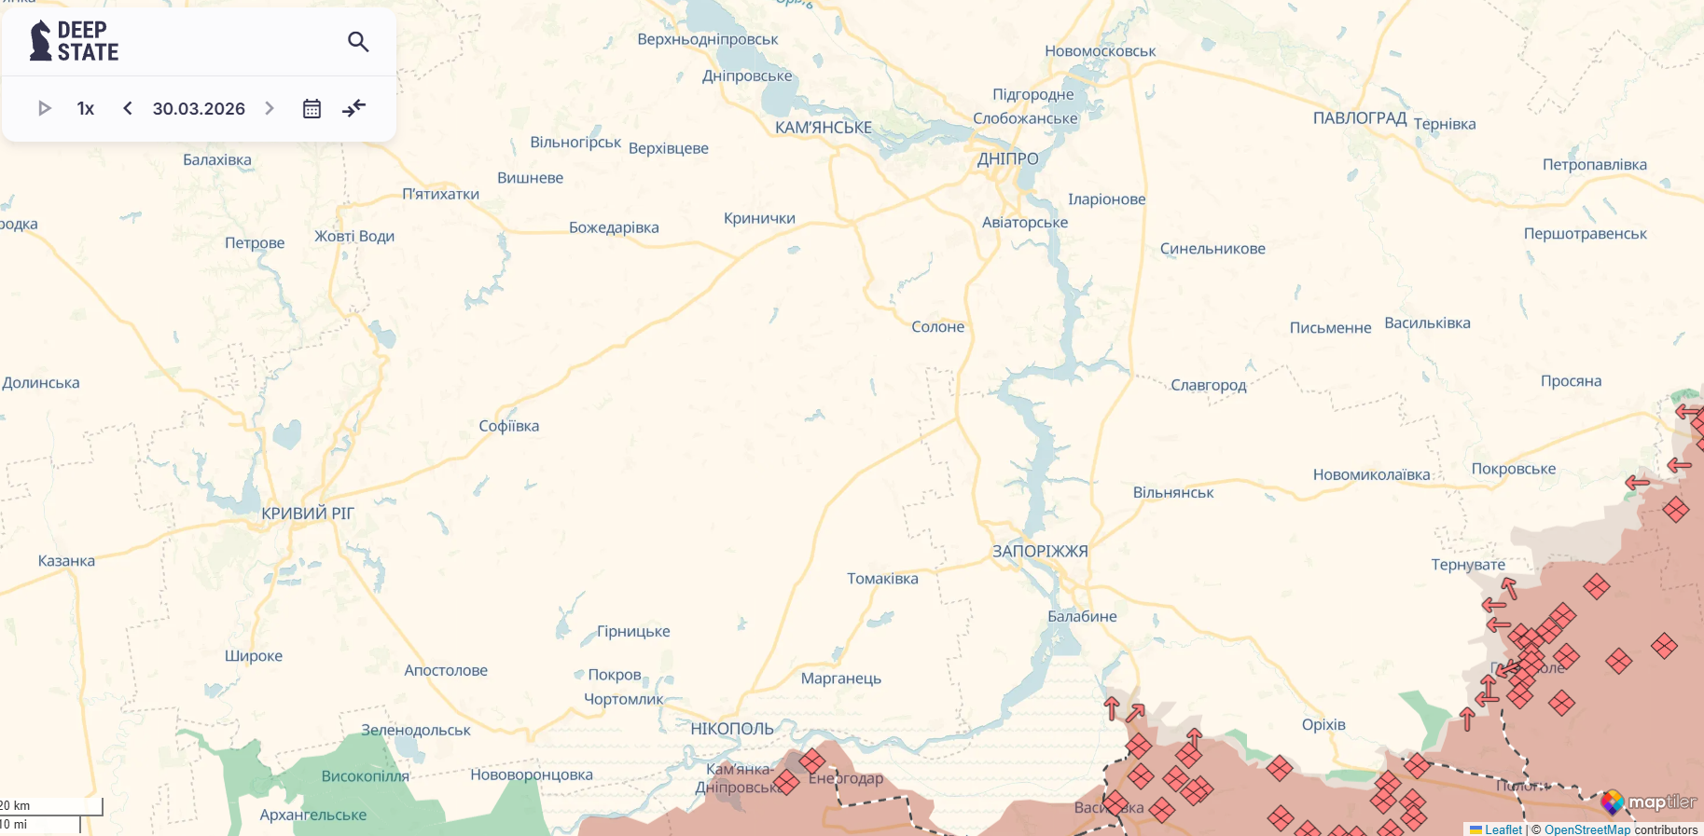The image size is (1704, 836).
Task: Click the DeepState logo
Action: tap(75, 41)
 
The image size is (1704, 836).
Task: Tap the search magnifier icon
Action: tap(358, 41)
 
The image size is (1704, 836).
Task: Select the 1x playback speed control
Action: tap(86, 108)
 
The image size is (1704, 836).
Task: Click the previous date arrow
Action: tap(128, 108)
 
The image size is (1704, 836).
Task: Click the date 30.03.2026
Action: tap(199, 108)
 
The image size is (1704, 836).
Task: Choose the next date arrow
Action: tap(270, 108)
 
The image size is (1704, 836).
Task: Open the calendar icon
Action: tap(312, 108)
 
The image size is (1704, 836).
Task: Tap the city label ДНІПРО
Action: tap(1007, 158)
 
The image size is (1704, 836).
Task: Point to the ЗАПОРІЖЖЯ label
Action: tap(1040, 551)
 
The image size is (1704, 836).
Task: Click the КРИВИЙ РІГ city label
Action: tap(308, 514)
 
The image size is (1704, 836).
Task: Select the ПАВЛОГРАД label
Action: tap(1360, 118)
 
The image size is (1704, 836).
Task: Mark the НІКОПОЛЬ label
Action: tap(732, 729)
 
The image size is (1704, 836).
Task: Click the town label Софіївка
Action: tap(509, 426)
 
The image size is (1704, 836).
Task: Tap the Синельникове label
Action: tap(1212, 249)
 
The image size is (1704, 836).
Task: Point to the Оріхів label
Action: tap(1323, 724)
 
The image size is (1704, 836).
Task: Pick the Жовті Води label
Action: tap(354, 236)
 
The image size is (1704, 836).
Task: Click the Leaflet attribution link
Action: tap(1503, 829)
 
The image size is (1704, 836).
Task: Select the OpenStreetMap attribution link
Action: tap(1587, 829)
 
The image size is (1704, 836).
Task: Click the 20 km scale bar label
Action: tap(16, 805)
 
